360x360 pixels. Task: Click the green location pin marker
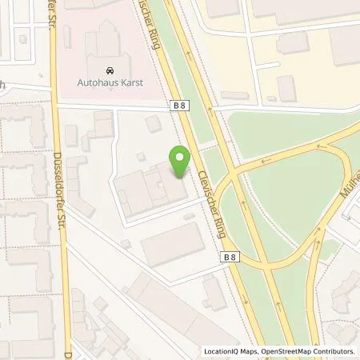click(181, 162)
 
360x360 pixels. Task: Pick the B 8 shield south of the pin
click(229, 256)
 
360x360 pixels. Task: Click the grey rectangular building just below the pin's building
click(172, 242)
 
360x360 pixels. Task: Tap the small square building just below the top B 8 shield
click(153, 124)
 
